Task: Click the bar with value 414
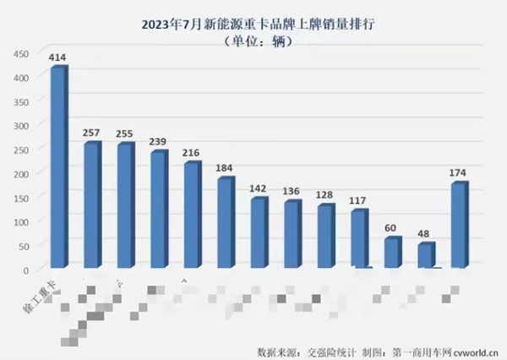coord(57,167)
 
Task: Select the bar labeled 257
coord(91,205)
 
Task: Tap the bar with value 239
coord(158,210)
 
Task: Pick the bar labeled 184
coord(225,222)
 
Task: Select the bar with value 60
coord(392,252)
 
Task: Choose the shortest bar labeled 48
coord(426,255)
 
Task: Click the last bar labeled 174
coord(459,225)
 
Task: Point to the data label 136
coord(293,191)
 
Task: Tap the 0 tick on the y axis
coord(25,269)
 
